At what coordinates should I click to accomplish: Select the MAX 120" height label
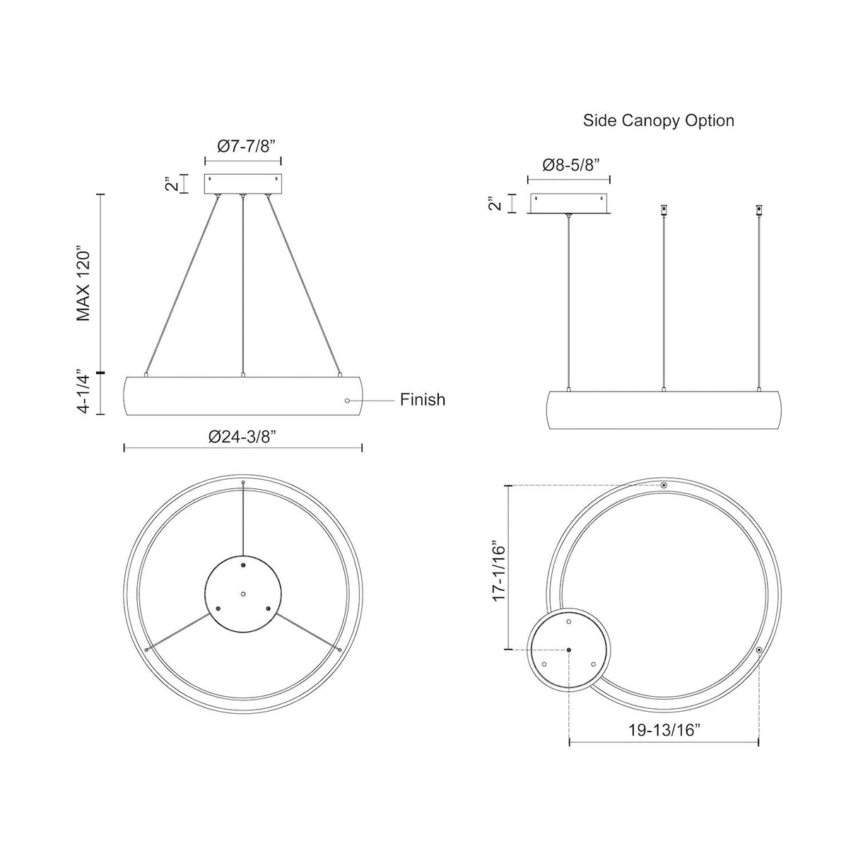(85, 284)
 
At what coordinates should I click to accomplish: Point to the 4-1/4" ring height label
(85, 391)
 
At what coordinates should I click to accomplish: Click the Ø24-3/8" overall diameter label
(242, 436)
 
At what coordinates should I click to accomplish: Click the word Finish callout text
(423, 400)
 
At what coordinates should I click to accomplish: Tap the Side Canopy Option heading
(658, 121)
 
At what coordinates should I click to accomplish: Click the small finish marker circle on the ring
(346, 401)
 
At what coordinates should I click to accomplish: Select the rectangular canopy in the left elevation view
(242, 184)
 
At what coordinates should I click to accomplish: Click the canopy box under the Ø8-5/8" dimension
(570, 203)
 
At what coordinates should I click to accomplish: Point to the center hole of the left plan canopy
(242, 594)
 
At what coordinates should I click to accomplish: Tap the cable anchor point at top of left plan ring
(242, 483)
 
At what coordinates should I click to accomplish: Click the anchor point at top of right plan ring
(664, 486)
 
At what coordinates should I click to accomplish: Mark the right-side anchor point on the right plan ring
(758, 650)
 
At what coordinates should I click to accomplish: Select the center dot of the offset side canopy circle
(569, 650)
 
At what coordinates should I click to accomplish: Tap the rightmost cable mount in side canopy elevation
(758, 210)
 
